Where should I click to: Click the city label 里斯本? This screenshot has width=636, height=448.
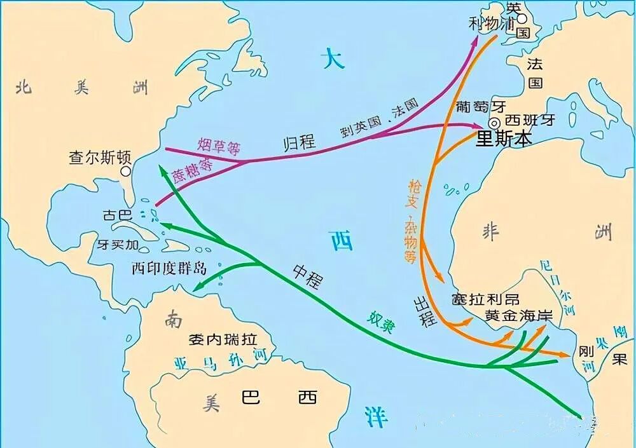click(x=503, y=140)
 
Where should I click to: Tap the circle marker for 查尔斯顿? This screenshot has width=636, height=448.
click(x=126, y=171)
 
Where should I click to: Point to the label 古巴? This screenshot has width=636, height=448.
click(x=116, y=216)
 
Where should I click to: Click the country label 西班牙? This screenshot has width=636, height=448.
click(x=530, y=120)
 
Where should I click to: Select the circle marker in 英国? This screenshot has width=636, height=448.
click(x=522, y=19)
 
